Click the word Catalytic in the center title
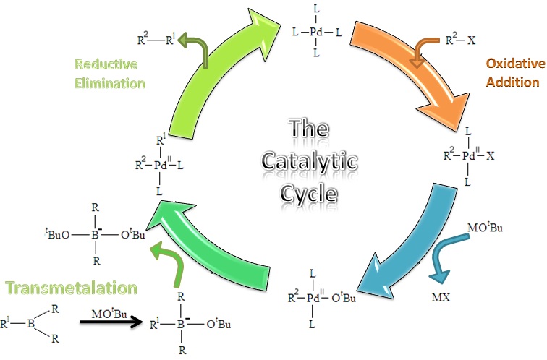[x=309, y=162]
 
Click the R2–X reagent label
[x=460, y=40]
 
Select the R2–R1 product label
[x=156, y=39]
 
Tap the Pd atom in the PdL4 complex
[x=317, y=33]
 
